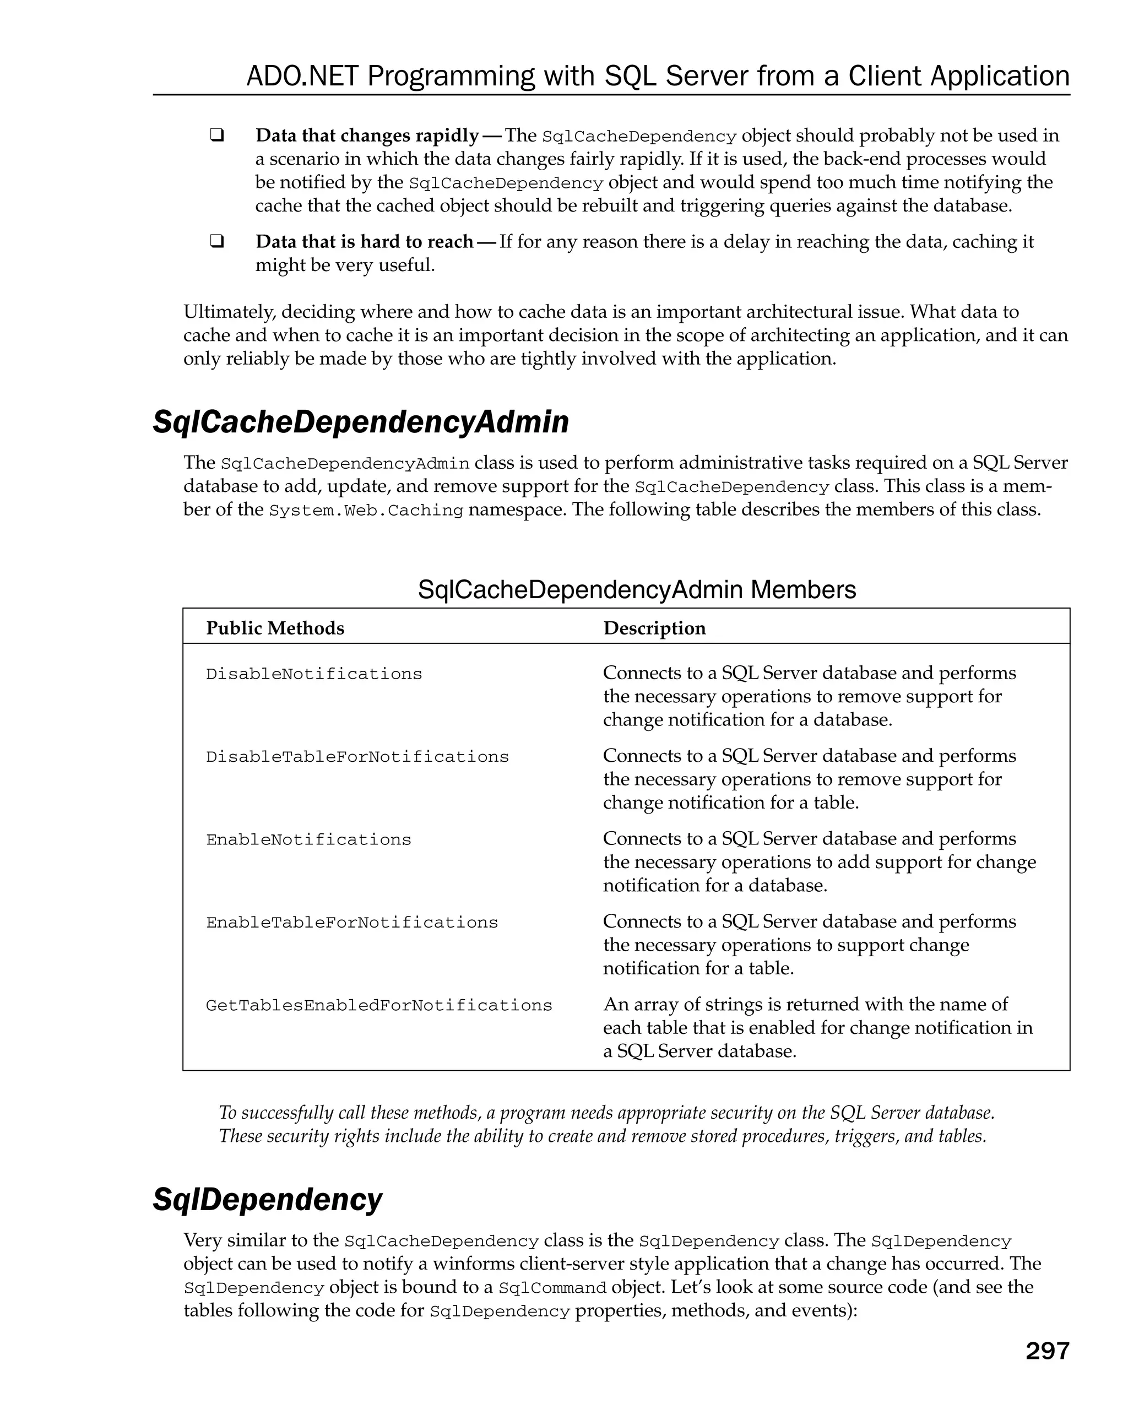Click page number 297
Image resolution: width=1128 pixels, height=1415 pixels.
pyautogui.click(x=1046, y=1351)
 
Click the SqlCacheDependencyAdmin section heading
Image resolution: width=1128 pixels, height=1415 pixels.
pyautogui.click(x=360, y=422)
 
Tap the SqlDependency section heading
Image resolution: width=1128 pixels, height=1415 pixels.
pyautogui.click(x=267, y=1200)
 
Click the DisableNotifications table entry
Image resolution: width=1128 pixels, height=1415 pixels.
pyautogui.click(x=313, y=674)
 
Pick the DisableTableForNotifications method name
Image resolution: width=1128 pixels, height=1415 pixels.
pyautogui.click(x=357, y=757)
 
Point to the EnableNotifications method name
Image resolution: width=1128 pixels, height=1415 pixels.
pyautogui.click(x=308, y=839)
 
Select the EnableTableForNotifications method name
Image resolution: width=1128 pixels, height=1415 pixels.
pyautogui.click(x=352, y=922)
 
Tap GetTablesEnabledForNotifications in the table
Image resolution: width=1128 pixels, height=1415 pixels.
pyautogui.click(x=378, y=1005)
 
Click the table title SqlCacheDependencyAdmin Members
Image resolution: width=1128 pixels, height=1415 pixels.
pyautogui.click(x=637, y=589)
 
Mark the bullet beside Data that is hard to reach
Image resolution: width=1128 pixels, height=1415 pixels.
pyautogui.click(x=216, y=241)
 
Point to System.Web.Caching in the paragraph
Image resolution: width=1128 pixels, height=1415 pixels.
pyautogui.click(x=366, y=511)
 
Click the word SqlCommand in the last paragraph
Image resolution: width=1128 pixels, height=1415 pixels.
pyautogui.click(x=552, y=1288)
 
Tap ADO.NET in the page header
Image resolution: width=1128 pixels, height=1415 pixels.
pyautogui.click(x=302, y=76)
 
